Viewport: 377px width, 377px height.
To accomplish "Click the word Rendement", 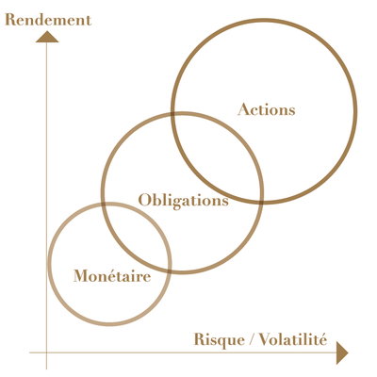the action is tap(48, 20).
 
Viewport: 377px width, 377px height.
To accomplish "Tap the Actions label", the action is tap(267, 109).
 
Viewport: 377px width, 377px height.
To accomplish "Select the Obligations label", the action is tap(184, 201).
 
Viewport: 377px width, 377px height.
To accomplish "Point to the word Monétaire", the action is tap(112, 276).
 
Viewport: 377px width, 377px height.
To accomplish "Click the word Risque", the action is tap(219, 340).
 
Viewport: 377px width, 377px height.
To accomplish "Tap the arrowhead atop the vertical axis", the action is tap(47, 37).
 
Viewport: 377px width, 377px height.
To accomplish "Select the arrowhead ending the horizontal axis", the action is tap(342, 352).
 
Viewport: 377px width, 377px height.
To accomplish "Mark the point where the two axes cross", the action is tap(46, 352).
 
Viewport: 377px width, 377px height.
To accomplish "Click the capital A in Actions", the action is tap(243, 109).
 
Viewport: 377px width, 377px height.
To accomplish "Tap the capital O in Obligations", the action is tap(144, 200).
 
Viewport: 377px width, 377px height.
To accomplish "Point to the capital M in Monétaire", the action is tap(82, 276).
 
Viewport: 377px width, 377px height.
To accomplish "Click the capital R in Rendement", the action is tap(11, 20).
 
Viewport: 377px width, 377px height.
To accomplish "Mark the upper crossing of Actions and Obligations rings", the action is tap(173, 113).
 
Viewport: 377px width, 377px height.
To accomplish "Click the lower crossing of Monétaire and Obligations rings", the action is tap(169, 270).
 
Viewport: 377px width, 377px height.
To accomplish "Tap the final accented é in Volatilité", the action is tap(323, 340).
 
